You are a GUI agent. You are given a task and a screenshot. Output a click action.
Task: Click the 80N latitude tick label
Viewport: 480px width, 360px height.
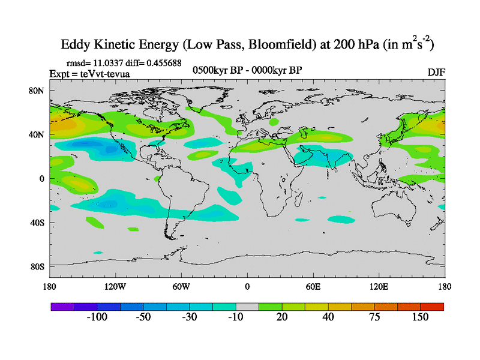point(38,91)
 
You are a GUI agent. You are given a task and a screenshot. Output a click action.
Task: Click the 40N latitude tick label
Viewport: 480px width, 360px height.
point(38,134)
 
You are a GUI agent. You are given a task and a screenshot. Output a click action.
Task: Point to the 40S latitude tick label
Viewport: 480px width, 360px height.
point(38,223)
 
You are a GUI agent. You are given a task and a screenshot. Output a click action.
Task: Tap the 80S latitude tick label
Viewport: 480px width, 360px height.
point(38,266)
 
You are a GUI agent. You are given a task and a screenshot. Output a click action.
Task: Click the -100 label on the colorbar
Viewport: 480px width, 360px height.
point(97,317)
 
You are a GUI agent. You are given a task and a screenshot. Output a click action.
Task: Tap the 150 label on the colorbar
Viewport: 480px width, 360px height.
point(420,317)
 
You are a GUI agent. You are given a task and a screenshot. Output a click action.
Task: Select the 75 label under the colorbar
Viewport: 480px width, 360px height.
point(374,317)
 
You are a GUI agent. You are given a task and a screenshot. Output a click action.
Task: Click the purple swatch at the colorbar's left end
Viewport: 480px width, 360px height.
point(62,306)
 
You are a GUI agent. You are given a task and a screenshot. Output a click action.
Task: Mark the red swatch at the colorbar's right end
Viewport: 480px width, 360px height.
point(432,306)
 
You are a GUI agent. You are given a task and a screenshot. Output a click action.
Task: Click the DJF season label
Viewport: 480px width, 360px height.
point(436,72)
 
